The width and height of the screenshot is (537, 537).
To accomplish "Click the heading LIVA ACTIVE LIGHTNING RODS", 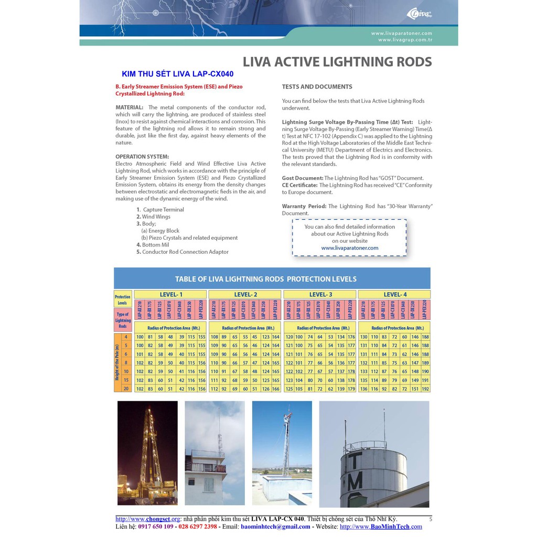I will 338,62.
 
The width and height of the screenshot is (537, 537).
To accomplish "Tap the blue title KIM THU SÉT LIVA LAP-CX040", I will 178,74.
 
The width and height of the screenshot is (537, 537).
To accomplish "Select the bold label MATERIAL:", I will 129,108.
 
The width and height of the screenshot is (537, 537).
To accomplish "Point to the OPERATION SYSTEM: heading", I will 142,156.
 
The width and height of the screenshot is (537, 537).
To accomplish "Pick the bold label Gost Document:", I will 303,178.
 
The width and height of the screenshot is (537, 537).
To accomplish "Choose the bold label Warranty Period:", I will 304,207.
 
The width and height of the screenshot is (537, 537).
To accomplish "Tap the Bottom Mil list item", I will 155,245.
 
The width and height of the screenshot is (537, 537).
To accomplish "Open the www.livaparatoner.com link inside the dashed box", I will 349,248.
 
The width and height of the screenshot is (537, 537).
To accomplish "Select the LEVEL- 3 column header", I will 320,295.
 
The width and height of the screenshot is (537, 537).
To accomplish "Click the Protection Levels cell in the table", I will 122,299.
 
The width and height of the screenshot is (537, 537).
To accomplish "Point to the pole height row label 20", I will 126,389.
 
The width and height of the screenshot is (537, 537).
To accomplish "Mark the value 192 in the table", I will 425,389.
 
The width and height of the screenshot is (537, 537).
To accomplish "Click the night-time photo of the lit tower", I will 147,452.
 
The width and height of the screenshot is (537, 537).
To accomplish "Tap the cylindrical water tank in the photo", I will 373,472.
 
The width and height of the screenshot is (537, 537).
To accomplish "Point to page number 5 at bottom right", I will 430,519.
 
